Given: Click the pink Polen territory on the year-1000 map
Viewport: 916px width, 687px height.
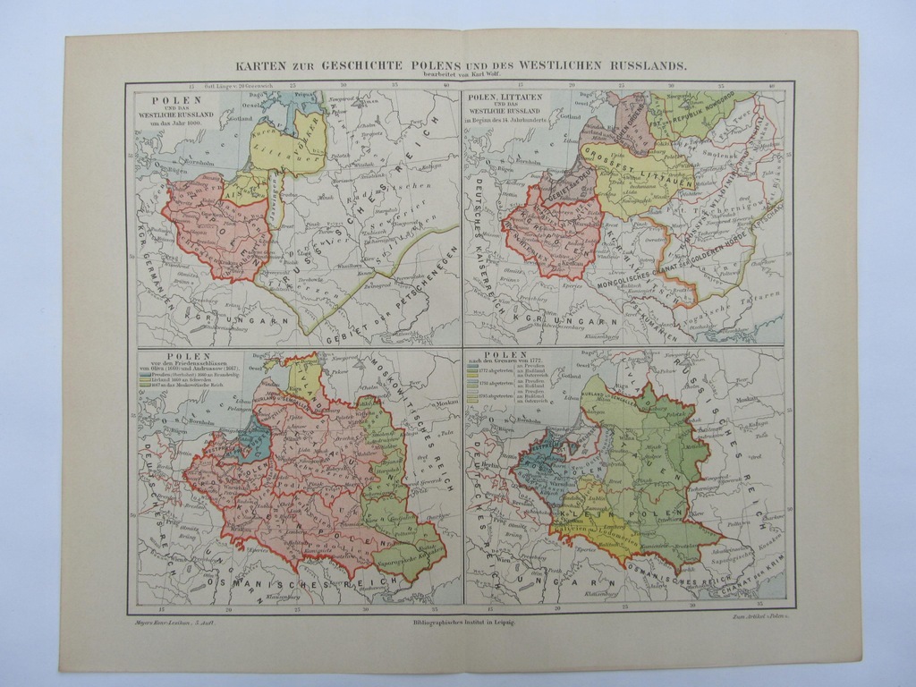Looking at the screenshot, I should (215, 228).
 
